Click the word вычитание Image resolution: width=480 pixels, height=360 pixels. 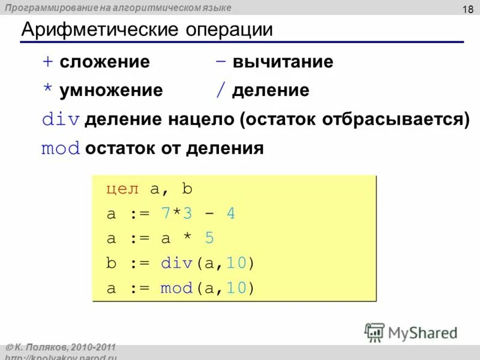(283, 62)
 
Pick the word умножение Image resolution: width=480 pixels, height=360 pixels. (110, 91)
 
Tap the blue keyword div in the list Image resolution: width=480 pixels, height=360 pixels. (61, 119)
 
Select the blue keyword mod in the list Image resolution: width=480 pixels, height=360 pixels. (61, 148)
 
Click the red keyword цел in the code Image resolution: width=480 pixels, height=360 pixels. (123, 189)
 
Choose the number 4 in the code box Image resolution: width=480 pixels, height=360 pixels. (230, 214)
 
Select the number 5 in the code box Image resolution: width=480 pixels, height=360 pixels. (209, 238)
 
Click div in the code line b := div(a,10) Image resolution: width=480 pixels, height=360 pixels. (174, 263)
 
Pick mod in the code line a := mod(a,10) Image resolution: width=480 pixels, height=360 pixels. (174, 288)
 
